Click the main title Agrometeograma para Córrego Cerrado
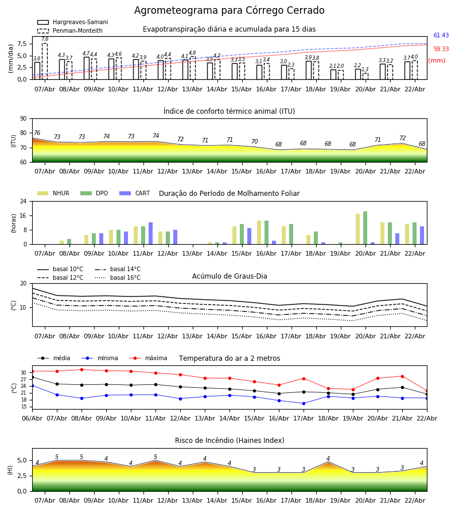click(x=229, y=11)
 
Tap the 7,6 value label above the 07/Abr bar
click(x=45, y=39)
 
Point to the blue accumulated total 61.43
click(x=441, y=36)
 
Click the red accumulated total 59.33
click(x=441, y=49)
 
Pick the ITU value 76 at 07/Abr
click(x=37, y=133)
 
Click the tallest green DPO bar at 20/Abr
click(x=365, y=227)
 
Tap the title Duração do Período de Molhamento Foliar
click(x=229, y=194)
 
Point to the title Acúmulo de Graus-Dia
click(x=229, y=276)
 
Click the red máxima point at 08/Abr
click(x=81, y=369)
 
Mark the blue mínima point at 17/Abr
click(x=304, y=403)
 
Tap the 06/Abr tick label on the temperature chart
click(x=32, y=418)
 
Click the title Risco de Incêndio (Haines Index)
click(x=229, y=441)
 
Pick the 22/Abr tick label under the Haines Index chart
click(x=415, y=500)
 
